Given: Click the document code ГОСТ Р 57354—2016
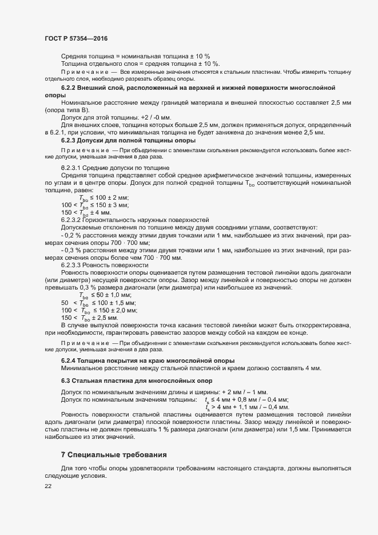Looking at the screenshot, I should click(x=75, y=38).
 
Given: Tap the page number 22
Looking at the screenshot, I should click(x=48, y=486).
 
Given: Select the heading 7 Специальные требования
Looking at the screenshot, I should click(x=114, y=455).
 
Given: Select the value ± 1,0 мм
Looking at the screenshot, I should click(x=110, y=295).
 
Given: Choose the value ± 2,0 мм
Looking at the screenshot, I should click(x=122, y=310).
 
